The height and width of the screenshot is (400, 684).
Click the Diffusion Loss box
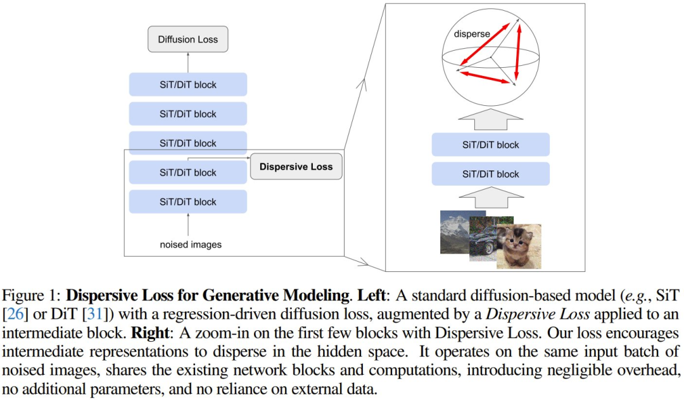188,39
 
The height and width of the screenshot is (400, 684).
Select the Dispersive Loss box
296,166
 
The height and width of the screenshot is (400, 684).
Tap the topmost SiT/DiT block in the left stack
188,84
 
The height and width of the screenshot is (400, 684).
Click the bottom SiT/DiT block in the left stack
188,202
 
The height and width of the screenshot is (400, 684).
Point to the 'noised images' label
191,245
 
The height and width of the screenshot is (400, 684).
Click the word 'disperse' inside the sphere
472,34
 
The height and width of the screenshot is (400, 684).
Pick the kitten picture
519,247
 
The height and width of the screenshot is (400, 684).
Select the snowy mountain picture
456,232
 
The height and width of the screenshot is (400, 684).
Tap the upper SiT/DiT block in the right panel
491,145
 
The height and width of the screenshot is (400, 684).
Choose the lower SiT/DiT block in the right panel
491,174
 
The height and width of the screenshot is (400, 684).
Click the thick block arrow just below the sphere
490,119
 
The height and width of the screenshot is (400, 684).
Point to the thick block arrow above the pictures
491,197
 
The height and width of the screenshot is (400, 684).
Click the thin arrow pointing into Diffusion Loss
188,63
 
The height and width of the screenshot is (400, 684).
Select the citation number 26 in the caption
15,314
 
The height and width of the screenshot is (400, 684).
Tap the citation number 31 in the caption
94,314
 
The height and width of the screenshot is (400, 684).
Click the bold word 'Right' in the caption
150,333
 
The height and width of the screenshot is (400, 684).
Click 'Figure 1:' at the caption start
31,295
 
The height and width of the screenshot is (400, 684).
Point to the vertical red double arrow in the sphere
518,51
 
